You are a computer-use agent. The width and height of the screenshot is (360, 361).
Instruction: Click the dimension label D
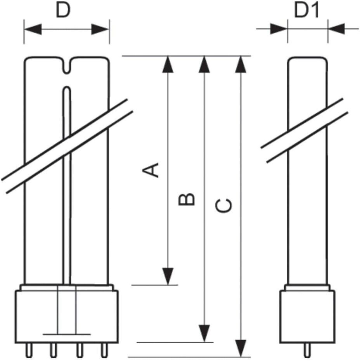click(63, 10)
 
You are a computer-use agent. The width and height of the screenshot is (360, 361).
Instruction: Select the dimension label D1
click(306, 10)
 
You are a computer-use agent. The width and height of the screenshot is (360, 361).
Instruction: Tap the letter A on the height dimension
click(151, 170)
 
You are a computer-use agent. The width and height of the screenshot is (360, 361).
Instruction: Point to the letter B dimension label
click(187, 199)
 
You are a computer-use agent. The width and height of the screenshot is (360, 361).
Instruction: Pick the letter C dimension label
click(223, 205)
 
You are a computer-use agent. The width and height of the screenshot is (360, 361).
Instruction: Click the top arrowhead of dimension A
click(168, 64)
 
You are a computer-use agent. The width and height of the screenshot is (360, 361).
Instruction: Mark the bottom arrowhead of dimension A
click(168, 276)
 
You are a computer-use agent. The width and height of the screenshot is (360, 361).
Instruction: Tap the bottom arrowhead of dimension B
click(204, 333)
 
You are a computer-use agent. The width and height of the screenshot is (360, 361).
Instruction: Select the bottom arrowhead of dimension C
click(241, 348)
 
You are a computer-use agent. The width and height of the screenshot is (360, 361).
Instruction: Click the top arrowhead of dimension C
click(241, 64)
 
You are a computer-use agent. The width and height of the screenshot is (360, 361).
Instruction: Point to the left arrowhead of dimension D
click(33, 29)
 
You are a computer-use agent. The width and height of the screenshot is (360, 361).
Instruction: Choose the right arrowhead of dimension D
click(100, 29)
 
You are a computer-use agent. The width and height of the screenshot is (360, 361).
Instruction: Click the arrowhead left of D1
click(279, 29)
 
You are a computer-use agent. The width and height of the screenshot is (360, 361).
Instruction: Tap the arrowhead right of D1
click(337, 29)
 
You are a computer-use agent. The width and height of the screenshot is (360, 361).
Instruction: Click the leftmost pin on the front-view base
click(29, 351)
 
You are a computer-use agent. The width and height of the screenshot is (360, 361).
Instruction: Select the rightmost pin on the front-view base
click(105, 351)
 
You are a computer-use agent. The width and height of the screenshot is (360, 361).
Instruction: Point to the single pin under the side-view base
click(308, 351)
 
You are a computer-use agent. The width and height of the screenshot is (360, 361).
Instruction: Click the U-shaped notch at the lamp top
click(67, 66)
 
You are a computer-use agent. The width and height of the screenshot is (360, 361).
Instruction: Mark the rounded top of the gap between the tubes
click(67, 89)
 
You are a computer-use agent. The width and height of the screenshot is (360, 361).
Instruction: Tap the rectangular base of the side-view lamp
click(308, 316)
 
